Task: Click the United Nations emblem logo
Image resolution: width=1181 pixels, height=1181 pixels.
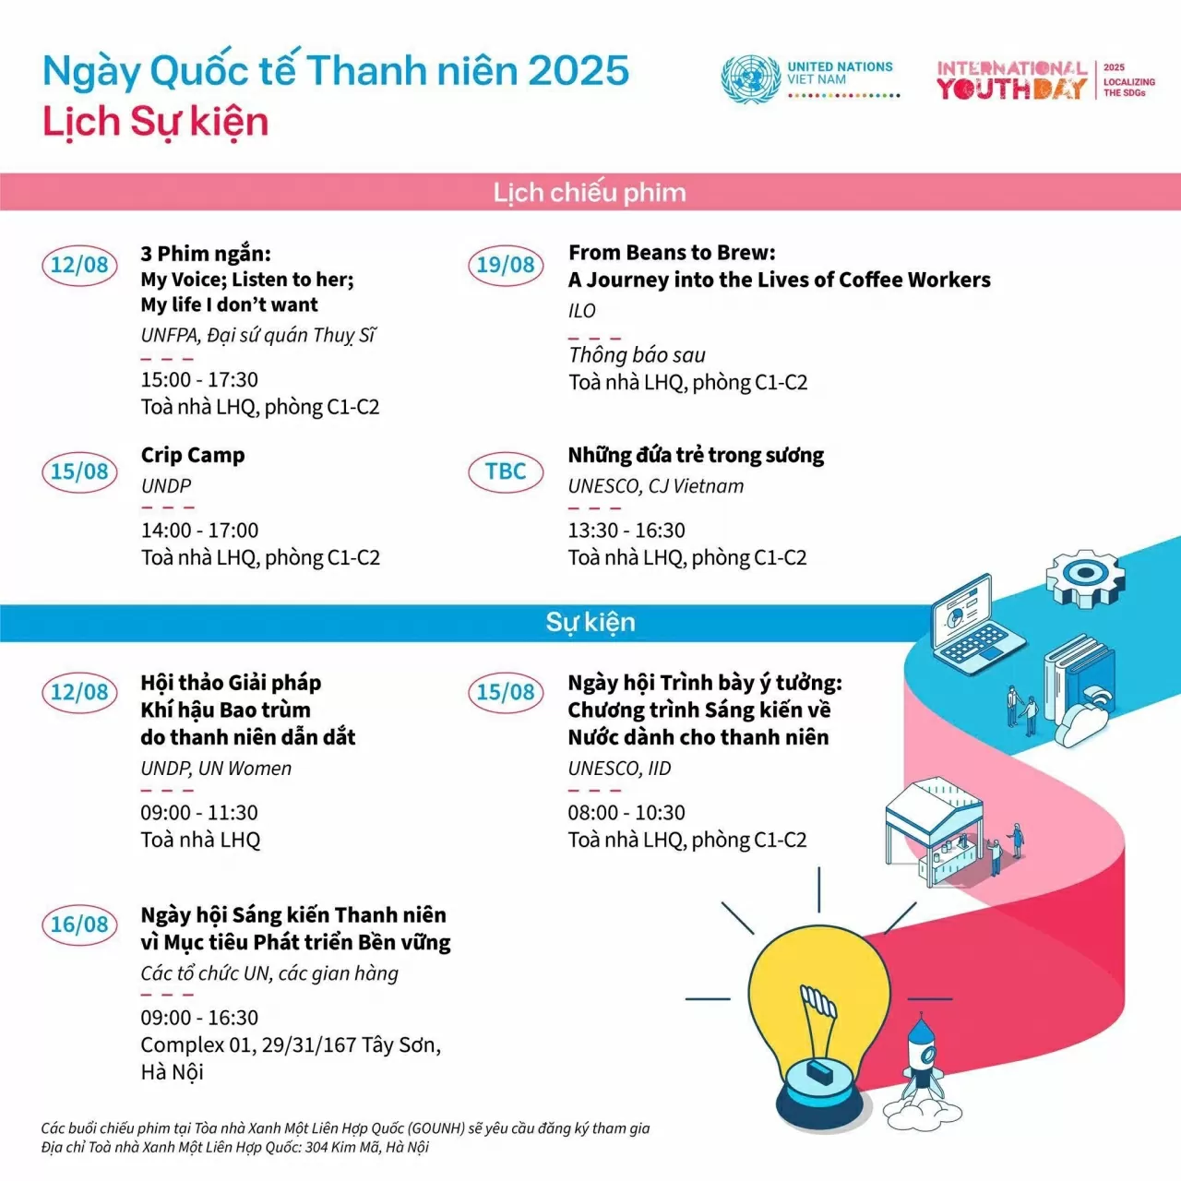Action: [750, 78]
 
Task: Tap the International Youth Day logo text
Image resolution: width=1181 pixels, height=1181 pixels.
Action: [1012, 80]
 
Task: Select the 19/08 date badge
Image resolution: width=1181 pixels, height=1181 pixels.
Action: [505, 265]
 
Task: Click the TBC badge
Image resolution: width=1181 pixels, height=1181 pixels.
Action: [506, 471]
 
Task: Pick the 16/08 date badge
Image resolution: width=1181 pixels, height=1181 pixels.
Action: [79, 925]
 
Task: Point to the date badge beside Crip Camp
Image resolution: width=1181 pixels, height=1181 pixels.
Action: [79, 471]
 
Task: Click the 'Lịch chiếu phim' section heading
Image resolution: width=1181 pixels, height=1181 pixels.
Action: [590, 192]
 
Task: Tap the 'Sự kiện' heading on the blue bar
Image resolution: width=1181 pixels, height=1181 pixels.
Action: [590, 622]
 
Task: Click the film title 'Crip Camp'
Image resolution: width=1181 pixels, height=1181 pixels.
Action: [193, 455]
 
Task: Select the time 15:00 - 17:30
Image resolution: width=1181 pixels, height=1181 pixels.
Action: [199, 379]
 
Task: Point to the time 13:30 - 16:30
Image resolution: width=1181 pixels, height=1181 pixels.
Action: [626, 531]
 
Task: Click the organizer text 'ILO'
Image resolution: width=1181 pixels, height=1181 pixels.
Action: [582, 311]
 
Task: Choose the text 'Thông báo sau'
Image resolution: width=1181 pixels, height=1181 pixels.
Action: [637, 355]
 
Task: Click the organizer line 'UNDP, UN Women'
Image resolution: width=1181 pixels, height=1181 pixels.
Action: [216, 769]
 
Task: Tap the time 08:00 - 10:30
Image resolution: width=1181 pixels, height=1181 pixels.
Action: [626, 813]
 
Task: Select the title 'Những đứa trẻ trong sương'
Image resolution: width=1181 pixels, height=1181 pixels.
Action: [696, 455]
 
